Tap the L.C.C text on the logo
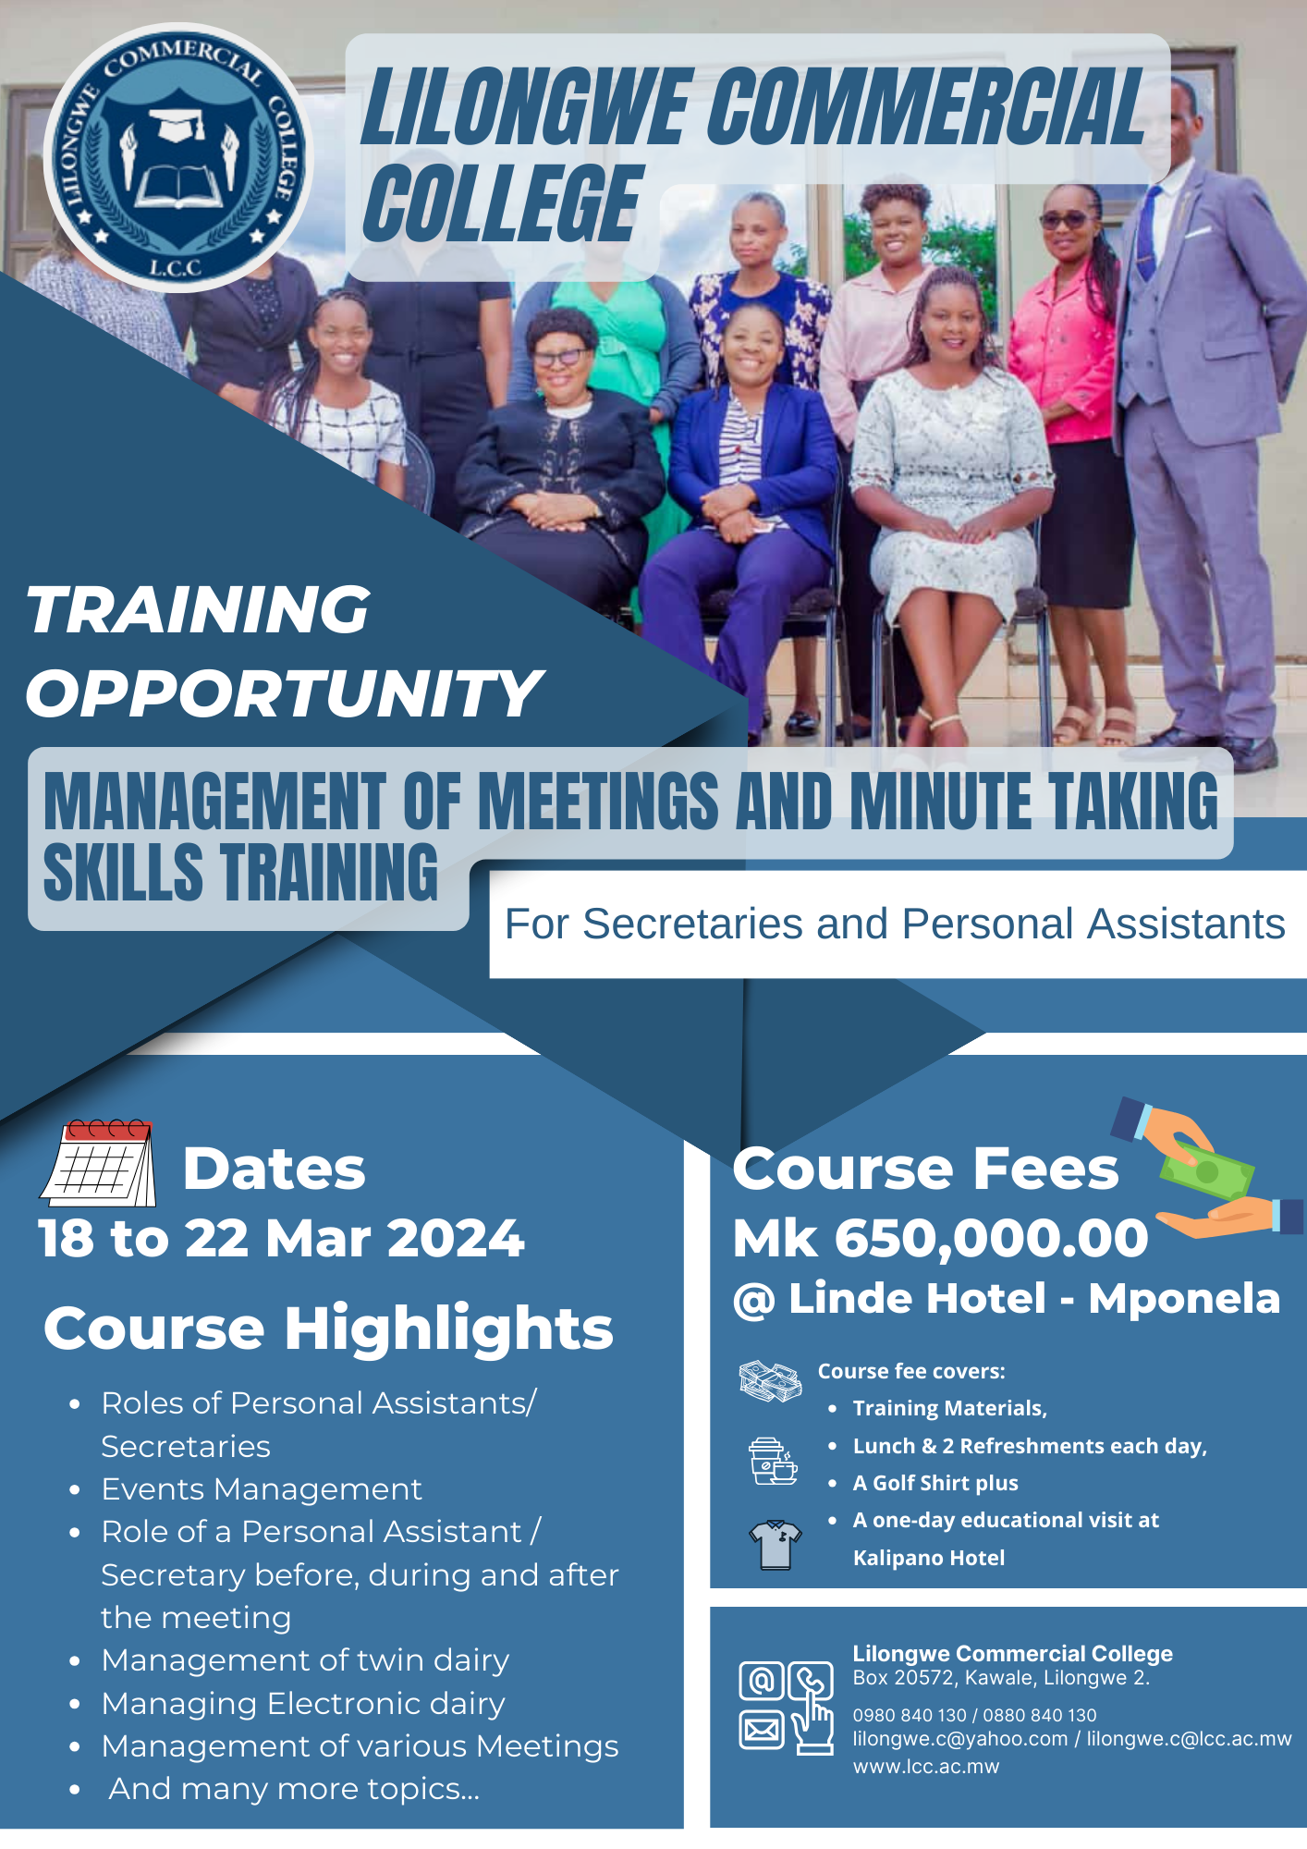176,268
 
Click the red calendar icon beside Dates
98,1163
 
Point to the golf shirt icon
775,1544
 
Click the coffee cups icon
773,1461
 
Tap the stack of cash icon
770,1381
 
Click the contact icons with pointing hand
786,1707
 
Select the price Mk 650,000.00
940,1238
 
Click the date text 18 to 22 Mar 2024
281,1238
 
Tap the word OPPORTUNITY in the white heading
284,693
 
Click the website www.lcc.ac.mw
926,1766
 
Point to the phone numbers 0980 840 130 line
974,1715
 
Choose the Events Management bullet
262,1488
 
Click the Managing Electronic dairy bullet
303,1703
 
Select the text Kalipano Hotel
929,1558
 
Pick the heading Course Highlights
328,1329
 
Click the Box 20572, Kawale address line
1001,1677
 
